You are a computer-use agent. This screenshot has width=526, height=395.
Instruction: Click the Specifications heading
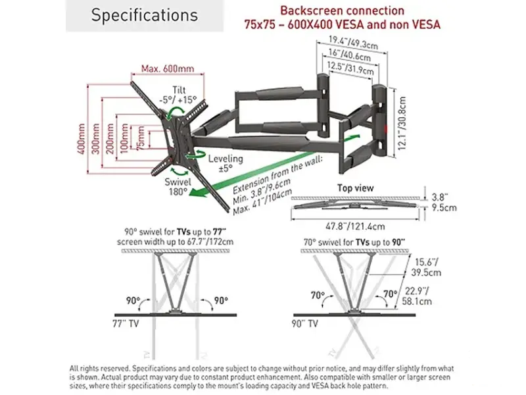pos(144,15)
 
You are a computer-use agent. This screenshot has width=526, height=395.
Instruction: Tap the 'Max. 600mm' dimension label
pos(168,69)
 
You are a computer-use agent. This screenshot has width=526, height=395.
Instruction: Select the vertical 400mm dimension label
pos(81,139)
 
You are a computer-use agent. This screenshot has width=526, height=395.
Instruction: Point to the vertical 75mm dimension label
pos(141,138)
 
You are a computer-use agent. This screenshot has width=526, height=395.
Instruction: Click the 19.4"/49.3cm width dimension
pos(353,43)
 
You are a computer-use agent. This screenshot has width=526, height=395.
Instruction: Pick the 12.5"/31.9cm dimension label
pos(350,68)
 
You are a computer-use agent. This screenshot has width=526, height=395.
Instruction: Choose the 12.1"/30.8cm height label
pos(402,123)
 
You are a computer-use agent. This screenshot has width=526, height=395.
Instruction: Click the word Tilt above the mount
pos(179,90)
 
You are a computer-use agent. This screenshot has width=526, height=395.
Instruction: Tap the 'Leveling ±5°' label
pos(226,163)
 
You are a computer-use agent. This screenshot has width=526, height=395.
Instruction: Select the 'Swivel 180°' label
pos(178,187)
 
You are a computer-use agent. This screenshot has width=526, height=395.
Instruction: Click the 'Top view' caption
pos(355,188)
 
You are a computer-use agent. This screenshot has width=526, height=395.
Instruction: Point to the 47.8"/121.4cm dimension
pos(355,226)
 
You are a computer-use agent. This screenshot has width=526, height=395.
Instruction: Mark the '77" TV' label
pos(126,324)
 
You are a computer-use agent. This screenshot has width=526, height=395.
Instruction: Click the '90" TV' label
pos(304,324)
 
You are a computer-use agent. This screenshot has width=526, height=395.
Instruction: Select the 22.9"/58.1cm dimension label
pos(417,296)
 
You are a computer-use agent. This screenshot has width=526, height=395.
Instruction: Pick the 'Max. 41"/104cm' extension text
pos(262,202)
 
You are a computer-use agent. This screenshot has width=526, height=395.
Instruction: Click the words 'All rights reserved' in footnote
pos(100,369)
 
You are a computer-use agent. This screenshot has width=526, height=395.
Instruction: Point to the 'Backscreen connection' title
pos(342,11)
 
